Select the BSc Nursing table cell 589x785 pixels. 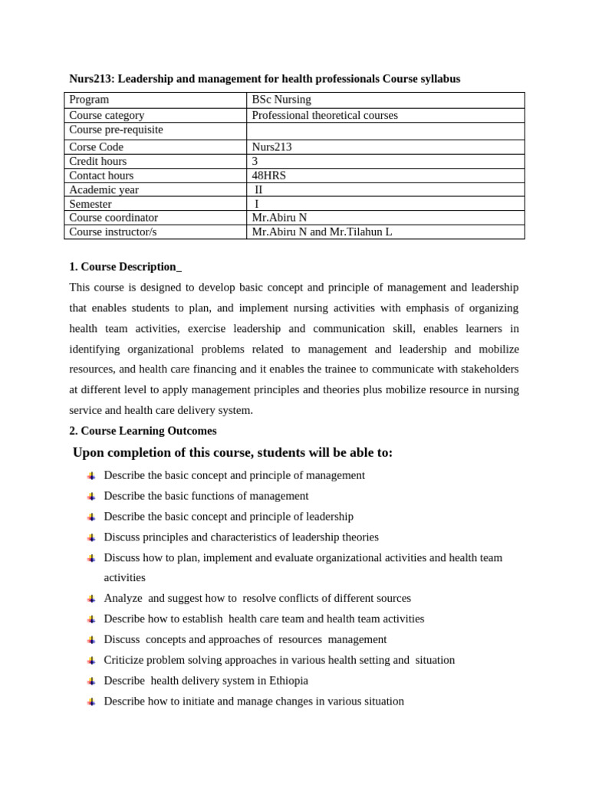[281, 100]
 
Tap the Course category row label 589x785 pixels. [107, 115]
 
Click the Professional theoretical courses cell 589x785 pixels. [325, 115]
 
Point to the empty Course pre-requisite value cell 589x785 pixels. [385, 130]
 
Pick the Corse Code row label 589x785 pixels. [96, 146]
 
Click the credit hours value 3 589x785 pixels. [255, 161]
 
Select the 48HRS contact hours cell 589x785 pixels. [268, 176]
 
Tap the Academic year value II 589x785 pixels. [258, 189]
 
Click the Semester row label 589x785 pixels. [90, 204]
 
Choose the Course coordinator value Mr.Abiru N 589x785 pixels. [279, 218]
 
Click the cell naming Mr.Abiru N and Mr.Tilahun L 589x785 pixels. [321, 232]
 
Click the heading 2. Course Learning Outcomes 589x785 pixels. [143, 431]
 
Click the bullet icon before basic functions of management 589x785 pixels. [91, 496]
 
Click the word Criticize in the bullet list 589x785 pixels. [124, 659]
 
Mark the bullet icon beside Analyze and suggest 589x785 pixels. [91, 598]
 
